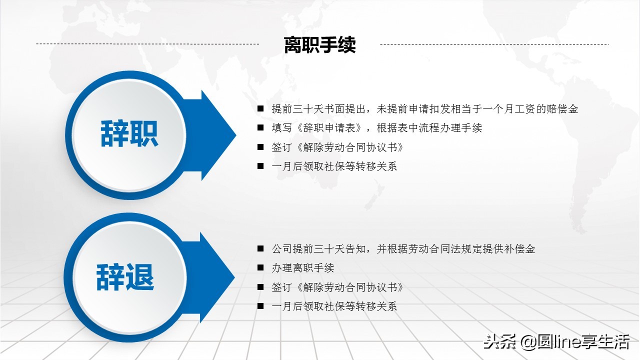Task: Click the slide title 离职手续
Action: (319, 45)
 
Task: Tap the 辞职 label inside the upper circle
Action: (129, 133)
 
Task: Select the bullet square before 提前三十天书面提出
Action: (260, 108)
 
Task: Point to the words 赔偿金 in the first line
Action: (562, 108)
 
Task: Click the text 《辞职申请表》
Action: (329, 128)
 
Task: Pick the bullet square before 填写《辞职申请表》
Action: (260, 128)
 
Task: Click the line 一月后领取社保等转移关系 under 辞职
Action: (334, 166)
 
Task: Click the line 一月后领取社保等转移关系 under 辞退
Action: (334, 306)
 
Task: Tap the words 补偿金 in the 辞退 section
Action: (520, 248)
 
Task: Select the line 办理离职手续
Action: (302, 268)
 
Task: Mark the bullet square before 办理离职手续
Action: (260, 268)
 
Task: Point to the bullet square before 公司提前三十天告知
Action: (260, 248)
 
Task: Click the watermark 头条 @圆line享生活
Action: (556, 342)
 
